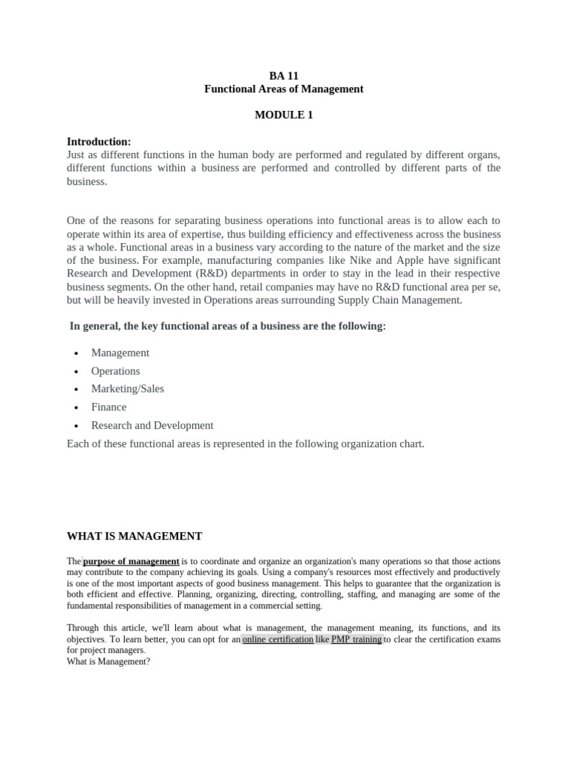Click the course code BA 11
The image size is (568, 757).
283,75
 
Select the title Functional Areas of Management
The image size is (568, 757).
283,89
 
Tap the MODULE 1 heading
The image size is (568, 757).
283,115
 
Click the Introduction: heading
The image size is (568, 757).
98,141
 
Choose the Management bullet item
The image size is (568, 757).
120,353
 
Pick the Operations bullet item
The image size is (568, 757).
115,371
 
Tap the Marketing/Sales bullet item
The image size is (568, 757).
127,389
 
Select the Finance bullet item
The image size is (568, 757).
109,407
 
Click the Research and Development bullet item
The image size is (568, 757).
152,425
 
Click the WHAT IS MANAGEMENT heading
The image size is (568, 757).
134,536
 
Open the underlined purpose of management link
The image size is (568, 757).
131,561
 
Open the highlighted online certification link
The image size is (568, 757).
277,639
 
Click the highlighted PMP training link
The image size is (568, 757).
356,639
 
